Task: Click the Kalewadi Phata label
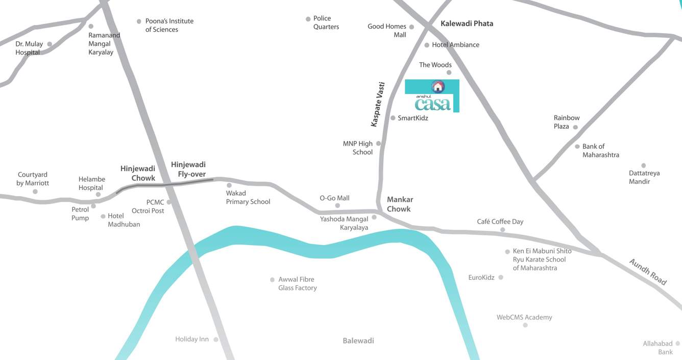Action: click(467, 23)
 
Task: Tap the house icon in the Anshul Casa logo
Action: click(438, 86)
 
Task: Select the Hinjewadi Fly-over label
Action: click(188, 169)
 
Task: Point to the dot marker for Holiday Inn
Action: click(216, 340)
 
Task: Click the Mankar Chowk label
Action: click(400, 204)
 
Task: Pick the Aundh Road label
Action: click(648, 272)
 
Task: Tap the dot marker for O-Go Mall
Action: click(337, 206)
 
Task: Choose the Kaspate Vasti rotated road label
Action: click(378, 104)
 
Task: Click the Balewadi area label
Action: click(358, 341)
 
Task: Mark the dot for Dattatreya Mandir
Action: click(644, 165)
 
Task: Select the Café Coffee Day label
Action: click(500, 222)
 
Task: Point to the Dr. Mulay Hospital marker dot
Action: click(50, 44)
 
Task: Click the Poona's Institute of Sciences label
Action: click(169, 26)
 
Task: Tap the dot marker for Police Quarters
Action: click(308, 19)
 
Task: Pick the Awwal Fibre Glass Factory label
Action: click(297, 284)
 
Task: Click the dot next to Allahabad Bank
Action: click(678, 344)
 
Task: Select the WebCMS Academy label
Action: click(524, 318)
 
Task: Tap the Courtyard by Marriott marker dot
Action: click(35, 191)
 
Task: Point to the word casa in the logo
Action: click(433, 104)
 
